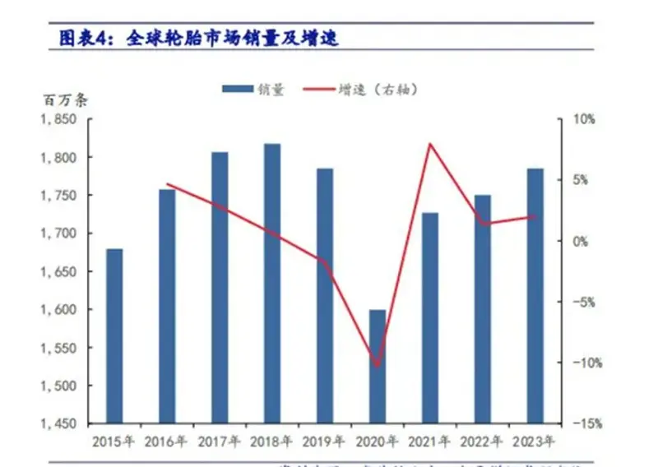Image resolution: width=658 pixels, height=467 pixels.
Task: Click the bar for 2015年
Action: [x=114, y=335]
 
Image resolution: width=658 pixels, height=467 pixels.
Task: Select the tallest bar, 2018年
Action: [x=272, y=284]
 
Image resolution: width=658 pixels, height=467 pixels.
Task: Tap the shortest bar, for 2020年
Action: [x=377, y=367]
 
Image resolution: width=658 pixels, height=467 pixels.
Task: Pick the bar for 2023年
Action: [x=535, y=296]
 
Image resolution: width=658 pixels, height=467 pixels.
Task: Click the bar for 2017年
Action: [x=220, y=288]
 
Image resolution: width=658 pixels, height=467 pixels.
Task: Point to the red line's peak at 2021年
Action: [x=429, y=145]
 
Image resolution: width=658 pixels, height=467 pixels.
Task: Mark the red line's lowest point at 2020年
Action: [x=378, y=366]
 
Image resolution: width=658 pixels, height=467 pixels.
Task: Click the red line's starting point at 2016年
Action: [x=167, y=184]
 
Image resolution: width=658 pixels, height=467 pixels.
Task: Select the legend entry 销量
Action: [x=254, y=90]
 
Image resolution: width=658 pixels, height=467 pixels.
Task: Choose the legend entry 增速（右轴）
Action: [x=366, y=90]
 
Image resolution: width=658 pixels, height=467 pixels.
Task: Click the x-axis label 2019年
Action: [x=325, y=442]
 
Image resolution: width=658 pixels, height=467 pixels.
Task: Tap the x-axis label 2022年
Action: [x=483, y=442]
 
